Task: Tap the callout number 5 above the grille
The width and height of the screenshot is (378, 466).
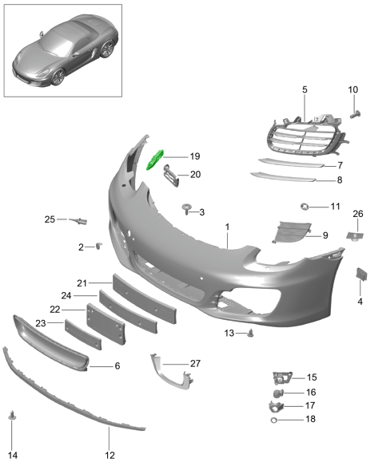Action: click(x=304, y=91)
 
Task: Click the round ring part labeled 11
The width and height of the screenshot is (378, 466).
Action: click(x=304, y=207)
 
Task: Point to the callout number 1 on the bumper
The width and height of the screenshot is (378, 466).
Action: click(x=227, y=227)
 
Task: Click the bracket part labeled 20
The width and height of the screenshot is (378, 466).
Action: click(x=169, y=175)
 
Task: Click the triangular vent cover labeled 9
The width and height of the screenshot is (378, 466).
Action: click(x=288, y=233)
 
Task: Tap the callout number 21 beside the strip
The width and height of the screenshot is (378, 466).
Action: click(x=82, y=282)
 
